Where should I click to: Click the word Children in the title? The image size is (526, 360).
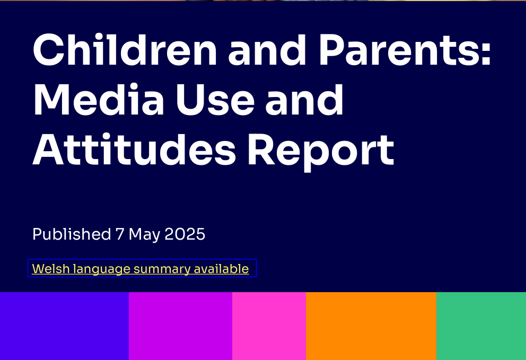[125, 51]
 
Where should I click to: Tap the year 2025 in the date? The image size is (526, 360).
[185, 234]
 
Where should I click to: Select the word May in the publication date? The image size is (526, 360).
[144, 234]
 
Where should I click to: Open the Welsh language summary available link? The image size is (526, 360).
[141, 269]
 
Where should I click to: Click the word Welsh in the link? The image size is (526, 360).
[51, 269]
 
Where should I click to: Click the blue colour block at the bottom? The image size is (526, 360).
[64, 326]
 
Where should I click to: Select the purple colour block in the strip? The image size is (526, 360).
[180, 326]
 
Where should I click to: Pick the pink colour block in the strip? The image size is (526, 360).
[269, 326]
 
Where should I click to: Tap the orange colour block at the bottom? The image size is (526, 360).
[371, 326]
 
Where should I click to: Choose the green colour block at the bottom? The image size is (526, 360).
[481, 326]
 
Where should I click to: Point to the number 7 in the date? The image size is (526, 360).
[120, 234]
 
